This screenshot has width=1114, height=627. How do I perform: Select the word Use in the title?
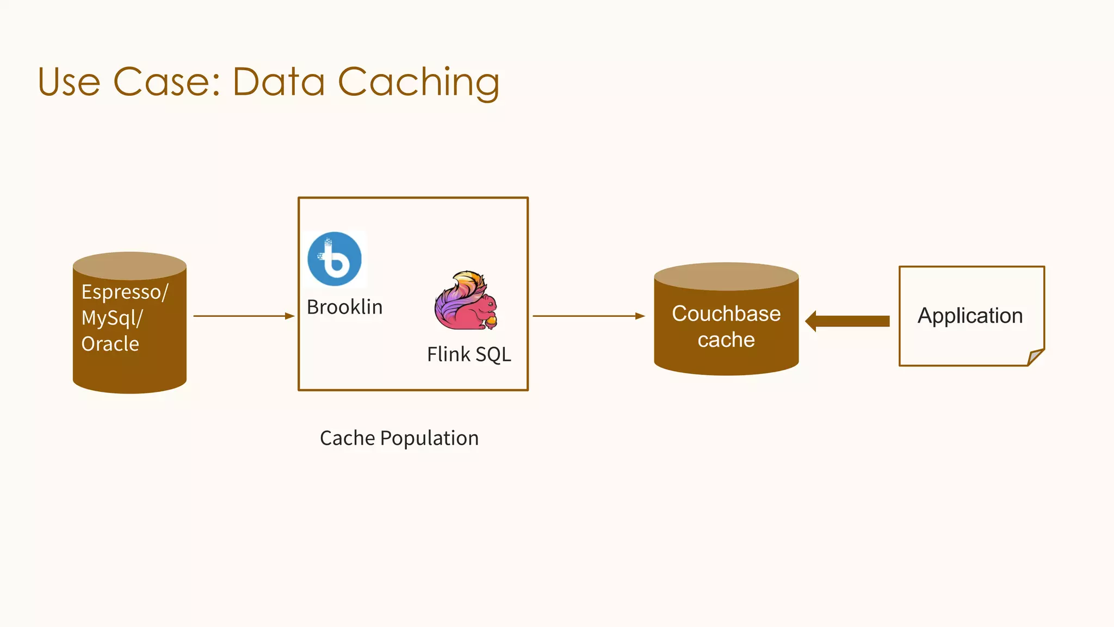coord(69,83)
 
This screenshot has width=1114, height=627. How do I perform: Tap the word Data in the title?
coord(278,83)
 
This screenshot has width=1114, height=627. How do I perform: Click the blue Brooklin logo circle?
coord(335,259)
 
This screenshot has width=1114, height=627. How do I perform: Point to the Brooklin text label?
coord(344,308)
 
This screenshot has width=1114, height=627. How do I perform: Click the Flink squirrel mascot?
coord(466,301)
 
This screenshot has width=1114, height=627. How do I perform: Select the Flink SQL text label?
coord(469,354)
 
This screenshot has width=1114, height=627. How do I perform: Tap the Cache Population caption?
coord(399,438)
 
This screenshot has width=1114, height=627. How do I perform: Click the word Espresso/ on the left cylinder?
coord(125,292)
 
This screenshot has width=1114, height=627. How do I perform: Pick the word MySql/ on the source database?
coord(112,318)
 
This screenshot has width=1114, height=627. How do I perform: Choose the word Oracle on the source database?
coord(110,344)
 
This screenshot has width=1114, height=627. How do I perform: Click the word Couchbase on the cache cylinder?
coord(726,314)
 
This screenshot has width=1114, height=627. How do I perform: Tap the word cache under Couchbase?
coord(726,340)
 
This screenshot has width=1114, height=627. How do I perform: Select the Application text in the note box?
coord(970,316)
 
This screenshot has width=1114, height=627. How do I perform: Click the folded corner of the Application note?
coord(1035,357)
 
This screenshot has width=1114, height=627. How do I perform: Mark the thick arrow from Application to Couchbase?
coord(849,321)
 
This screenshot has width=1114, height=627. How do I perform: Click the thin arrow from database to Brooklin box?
coord(243,316)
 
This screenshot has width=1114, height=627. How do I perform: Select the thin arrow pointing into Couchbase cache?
coord(588,316)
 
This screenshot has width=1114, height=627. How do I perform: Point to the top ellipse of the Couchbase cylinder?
coord(726,276)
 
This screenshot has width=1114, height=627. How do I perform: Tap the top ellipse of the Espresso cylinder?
coord(129,266)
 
